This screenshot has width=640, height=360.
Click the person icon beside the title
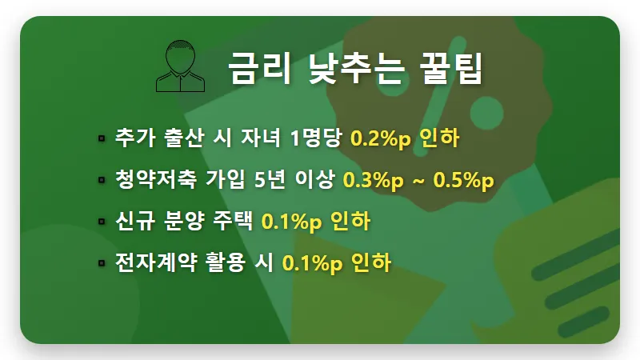[x=182, y=66]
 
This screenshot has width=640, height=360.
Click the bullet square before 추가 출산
[x=102, y=139]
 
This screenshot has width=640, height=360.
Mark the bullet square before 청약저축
[x=102, y=181]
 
